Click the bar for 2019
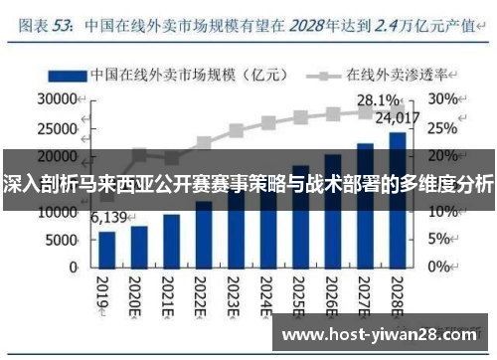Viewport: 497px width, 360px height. click(x=106, y=249)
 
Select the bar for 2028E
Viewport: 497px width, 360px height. click(x=397, y=199)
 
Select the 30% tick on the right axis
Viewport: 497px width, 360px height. click(x=442, y=100)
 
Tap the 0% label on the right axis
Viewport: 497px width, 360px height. click(x=438, y=267)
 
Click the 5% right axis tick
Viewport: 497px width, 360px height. click(x=438, y=239)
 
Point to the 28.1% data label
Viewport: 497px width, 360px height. click(x=378, y=100)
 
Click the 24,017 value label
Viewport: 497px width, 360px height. click(x=398, y=118)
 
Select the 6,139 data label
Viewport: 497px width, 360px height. click(x=110, y=218)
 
